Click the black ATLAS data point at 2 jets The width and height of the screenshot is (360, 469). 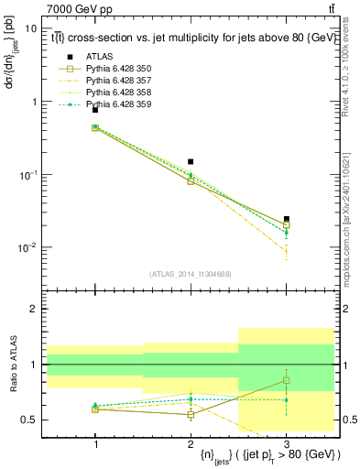(191, 162)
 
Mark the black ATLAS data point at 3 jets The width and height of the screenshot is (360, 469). (287, 220)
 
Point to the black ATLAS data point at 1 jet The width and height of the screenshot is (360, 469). (95, 110)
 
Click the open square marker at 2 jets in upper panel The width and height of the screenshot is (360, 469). (191, 181)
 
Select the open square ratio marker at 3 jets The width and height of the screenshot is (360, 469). (287, 380)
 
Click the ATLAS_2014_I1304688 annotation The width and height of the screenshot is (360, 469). (191, 274)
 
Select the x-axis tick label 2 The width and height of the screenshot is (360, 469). (191, 444)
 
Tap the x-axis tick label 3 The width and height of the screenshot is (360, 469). (287, 444)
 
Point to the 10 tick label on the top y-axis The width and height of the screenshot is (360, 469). (30, 28)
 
